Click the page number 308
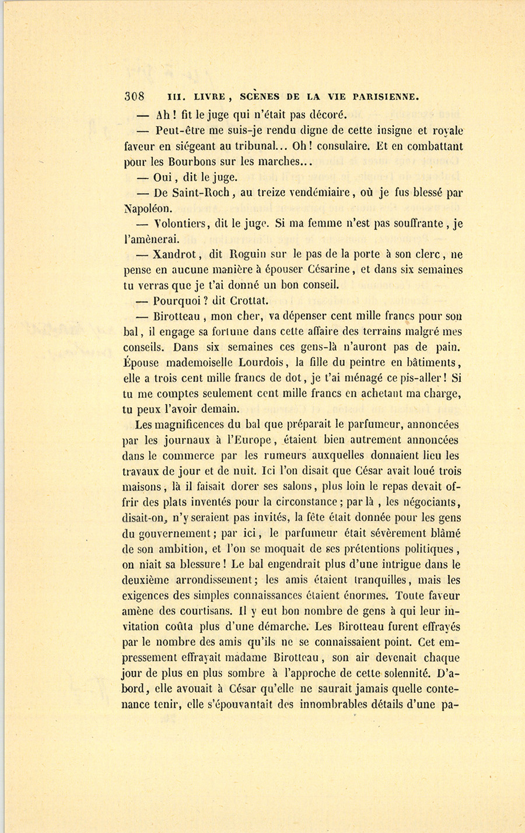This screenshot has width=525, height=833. [134, 96]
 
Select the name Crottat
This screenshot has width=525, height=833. [247, 301]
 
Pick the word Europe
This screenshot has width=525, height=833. [245, 440]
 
